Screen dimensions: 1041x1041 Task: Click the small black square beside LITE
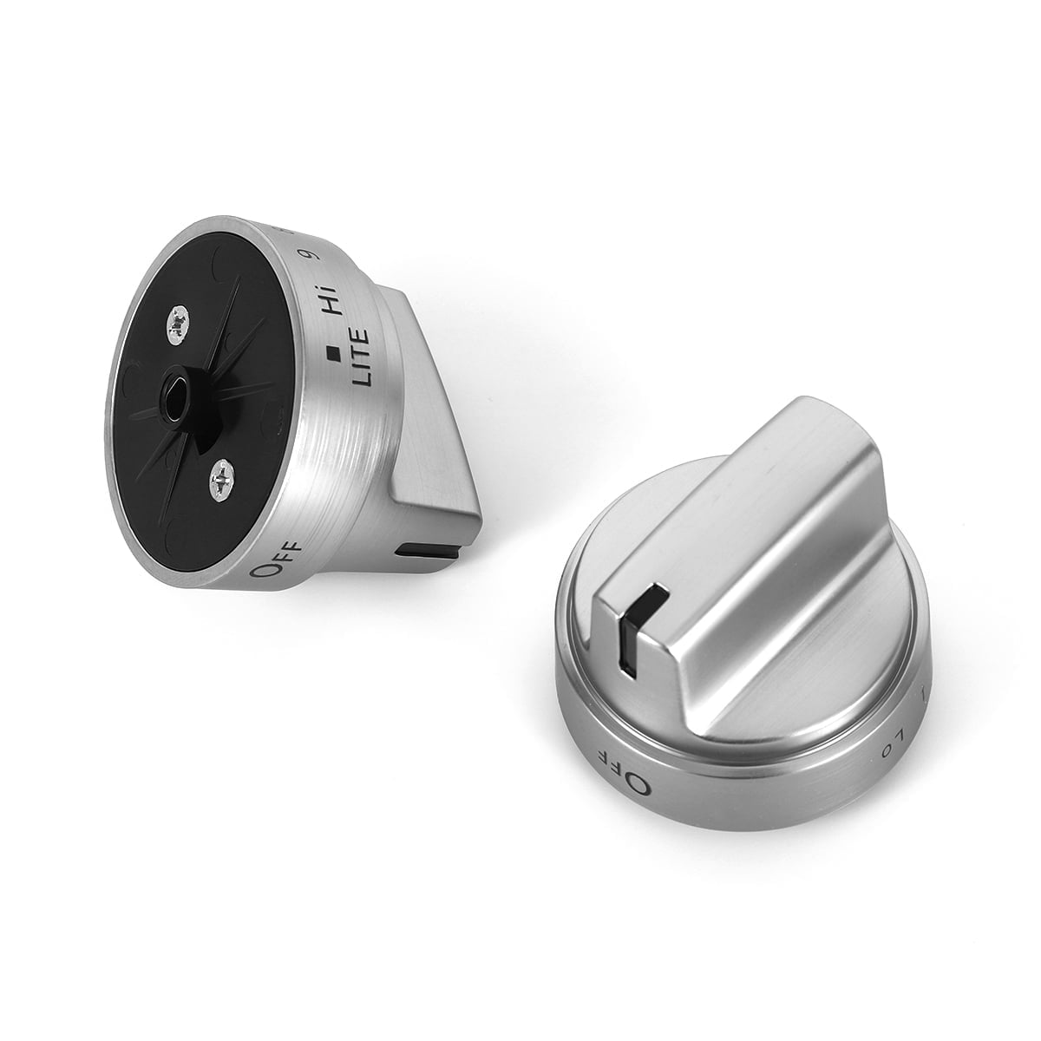(x=331, y=352)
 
